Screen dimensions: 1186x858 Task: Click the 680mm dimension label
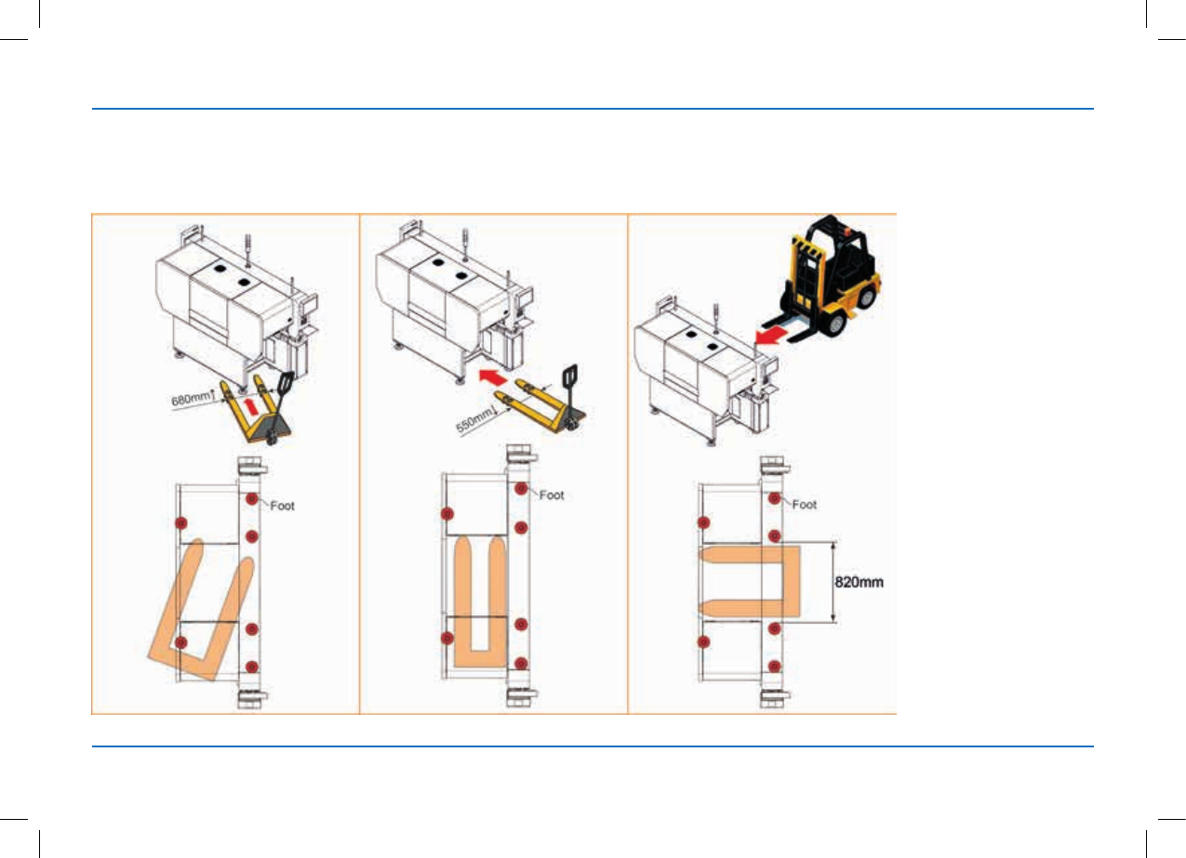191,398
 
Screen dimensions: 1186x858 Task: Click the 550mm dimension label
473,420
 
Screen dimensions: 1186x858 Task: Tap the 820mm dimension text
859,582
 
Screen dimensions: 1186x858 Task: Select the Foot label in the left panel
282,506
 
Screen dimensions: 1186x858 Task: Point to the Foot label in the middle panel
552,495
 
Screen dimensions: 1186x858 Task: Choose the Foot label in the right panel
805,505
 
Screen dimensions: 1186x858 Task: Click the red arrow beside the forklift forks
774,336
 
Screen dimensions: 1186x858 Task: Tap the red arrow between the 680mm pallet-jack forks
253,406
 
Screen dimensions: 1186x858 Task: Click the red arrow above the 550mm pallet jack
493,376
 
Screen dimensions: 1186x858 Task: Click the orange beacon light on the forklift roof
847,231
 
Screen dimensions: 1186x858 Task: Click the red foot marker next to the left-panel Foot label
252,499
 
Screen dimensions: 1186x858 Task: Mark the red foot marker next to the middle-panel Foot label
521,488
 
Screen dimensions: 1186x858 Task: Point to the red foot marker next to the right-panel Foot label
774,497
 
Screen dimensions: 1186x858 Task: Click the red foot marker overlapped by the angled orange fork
181,642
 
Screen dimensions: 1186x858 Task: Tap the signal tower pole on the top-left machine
247,250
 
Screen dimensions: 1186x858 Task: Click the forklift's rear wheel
865,297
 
